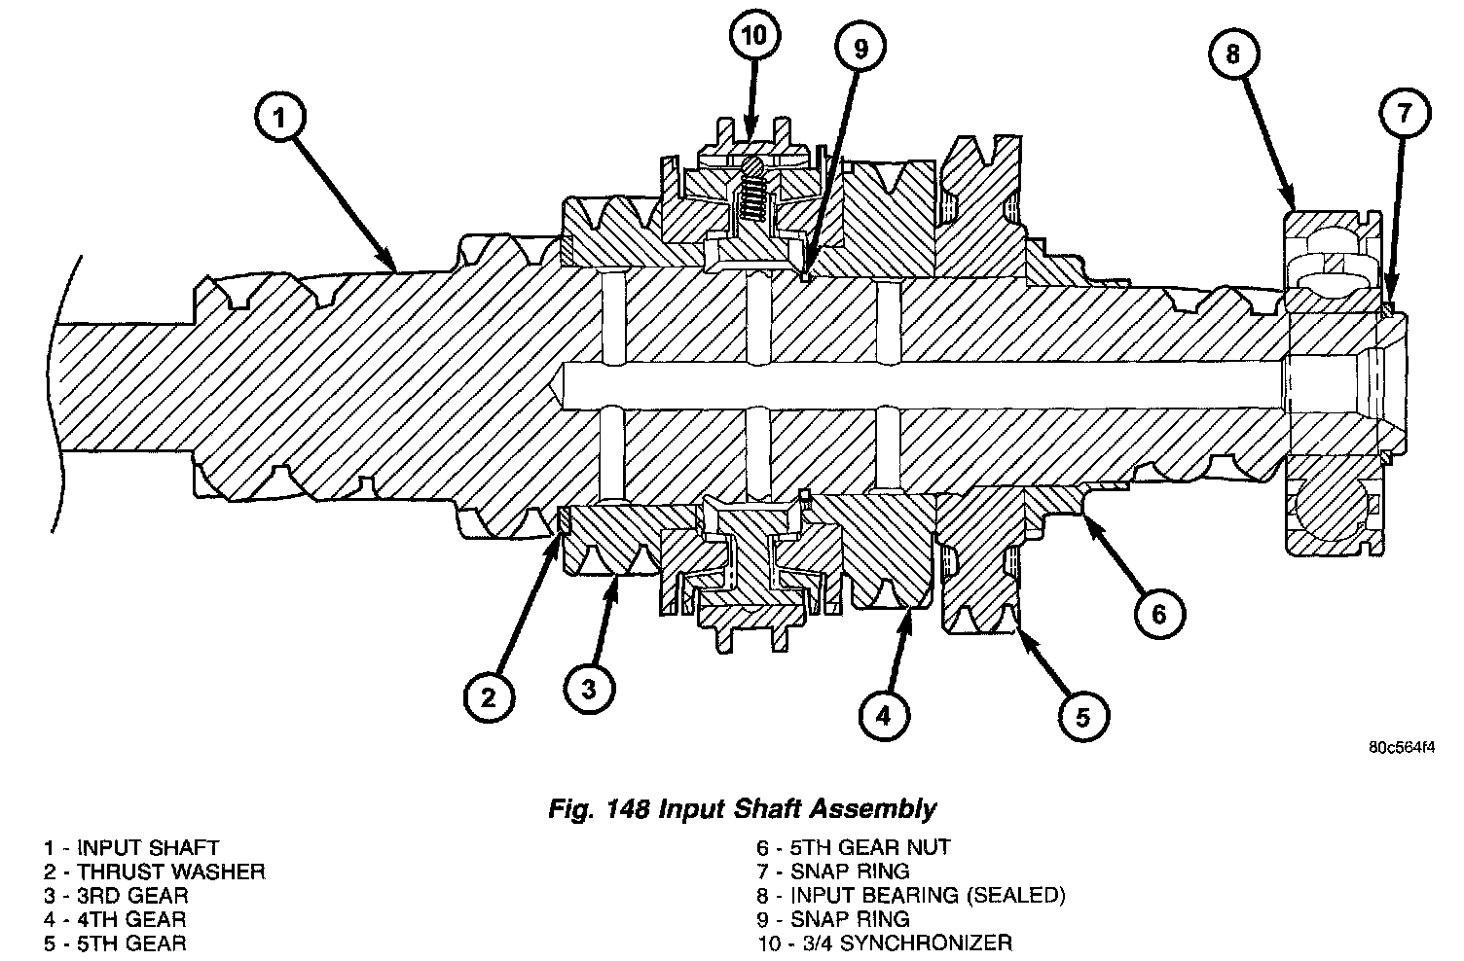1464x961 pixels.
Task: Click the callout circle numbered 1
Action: pos(279,119)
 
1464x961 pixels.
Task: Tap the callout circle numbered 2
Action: pos(489,696)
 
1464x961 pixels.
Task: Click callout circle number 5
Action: pos(1083,718)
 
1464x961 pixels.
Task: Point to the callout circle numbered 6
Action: pos(1158,614)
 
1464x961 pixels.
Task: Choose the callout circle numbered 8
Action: pos(1233,54)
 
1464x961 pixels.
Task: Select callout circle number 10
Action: pos(754,37)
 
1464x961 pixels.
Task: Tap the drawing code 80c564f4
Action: pos(1402,748)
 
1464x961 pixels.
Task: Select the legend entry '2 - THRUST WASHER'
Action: pos(154,872)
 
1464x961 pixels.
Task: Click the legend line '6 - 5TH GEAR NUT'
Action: pos(854,848)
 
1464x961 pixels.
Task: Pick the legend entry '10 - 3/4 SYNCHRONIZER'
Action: pos(884,943)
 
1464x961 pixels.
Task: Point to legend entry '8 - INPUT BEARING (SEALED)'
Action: pos(911,895)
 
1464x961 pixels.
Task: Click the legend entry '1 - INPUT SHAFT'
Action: pos(131,848)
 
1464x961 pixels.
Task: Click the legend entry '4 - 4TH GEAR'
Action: pos(115,919)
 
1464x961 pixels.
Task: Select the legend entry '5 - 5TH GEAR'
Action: pos(115,943)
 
